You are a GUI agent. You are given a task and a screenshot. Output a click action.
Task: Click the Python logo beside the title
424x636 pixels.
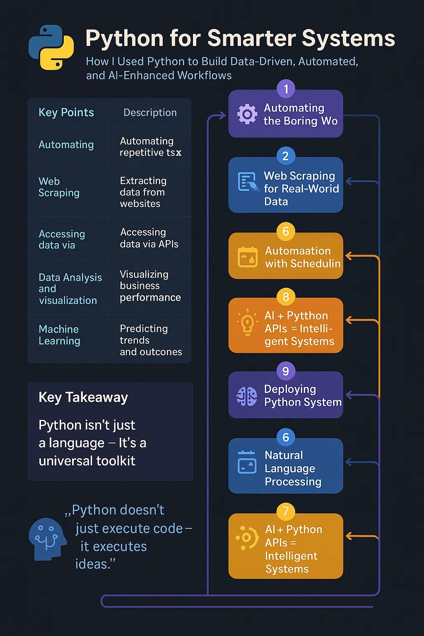51,47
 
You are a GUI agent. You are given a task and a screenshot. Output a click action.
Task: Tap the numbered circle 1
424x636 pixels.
286,89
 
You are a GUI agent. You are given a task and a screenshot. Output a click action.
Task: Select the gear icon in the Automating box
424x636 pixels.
247,114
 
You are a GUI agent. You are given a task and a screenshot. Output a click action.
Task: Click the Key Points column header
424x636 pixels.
66,113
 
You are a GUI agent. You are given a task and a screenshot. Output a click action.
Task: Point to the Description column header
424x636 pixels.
150,113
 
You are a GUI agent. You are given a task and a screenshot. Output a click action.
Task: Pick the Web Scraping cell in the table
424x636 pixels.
59,187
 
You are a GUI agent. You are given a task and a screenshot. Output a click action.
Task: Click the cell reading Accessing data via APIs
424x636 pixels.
149,238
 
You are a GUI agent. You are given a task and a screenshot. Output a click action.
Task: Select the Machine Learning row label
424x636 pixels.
59,335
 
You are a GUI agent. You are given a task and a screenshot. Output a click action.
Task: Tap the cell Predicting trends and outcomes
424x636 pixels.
151,340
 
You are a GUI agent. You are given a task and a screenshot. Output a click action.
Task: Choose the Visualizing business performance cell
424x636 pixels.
150,286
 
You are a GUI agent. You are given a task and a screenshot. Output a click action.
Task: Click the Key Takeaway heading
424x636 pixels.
83,397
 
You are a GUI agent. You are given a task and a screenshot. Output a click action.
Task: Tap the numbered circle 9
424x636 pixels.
286,371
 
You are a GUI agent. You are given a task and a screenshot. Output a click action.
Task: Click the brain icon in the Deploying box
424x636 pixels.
247,396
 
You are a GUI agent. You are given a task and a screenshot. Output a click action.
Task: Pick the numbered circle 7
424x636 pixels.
286,512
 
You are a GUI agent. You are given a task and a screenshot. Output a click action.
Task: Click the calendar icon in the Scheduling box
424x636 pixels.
248,257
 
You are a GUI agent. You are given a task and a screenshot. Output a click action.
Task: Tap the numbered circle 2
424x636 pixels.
286,156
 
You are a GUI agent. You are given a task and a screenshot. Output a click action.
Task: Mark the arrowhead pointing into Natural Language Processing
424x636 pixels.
349,462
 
